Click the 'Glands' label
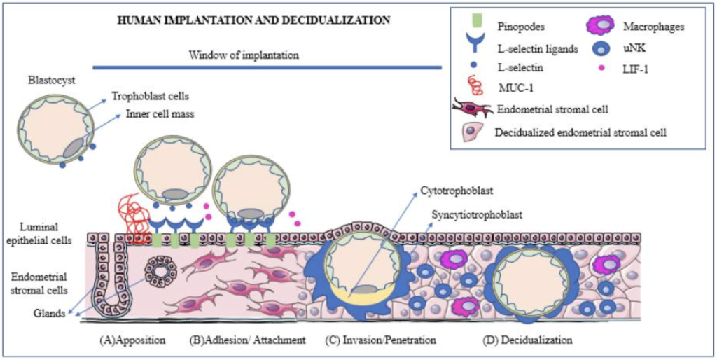pos(46,314)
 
